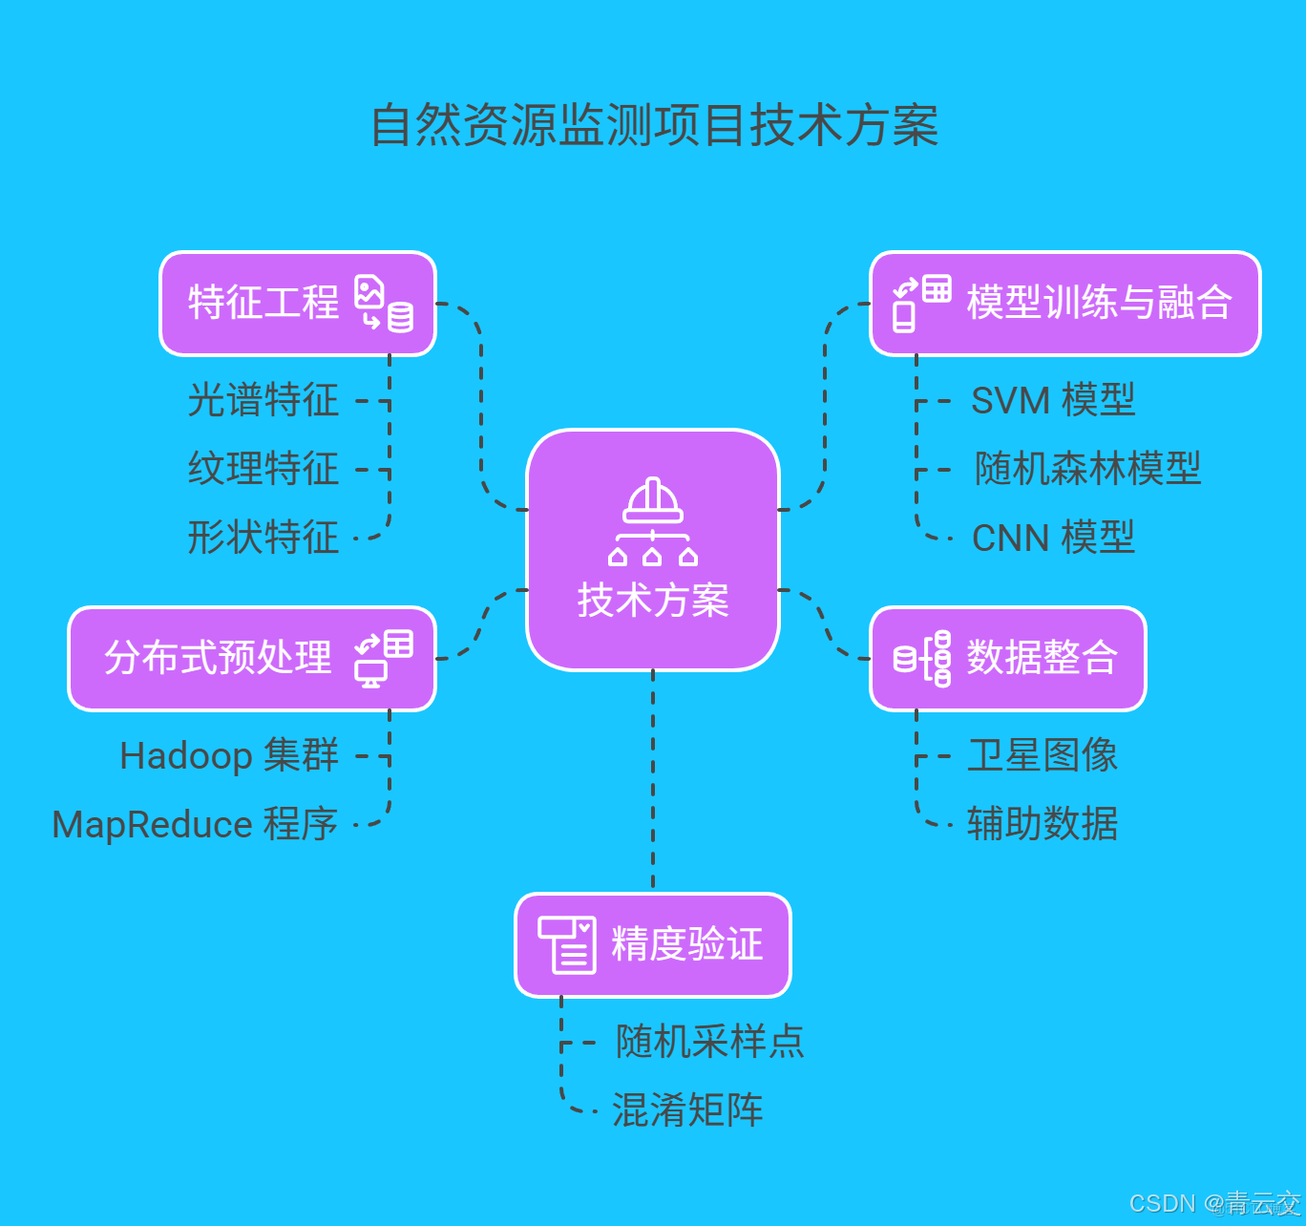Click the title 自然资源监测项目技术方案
pyautogui.click(x=654, y=126)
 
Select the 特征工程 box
pyautogui.click(x=297, y=304)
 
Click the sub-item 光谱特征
pyautogui.click(x=263, y=400)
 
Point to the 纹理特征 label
pyautogui.click(x=263, y=469)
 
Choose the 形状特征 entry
pyautogui.click(x=263, y=538)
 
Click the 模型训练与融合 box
pyautogui.click(x=1064, y=304)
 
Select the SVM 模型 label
pyautogui.click(x=1053, y=400)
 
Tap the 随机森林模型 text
pyautogui.click(x=1087, y=469)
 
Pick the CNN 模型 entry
pyautogui.click(x=1053, y=538)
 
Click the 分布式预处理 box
pyautogui.click(x=252, y=659)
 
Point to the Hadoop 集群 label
pyautogui.click(x=229, y=756)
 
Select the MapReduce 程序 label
pyautogui.click(x=195, y=825)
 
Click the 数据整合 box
pyautogui.click(x=1007, y=659)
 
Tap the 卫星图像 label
pyautogui.click(x=1042, y=756)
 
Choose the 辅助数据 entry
pyautogui.click(x=1042, y=825)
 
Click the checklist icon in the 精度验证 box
pyautogui.click(x=567, y=945)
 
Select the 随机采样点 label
pyautogui.click(x=710, y=1042)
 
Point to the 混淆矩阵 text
pyautogui.click(x=687, y=1110)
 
